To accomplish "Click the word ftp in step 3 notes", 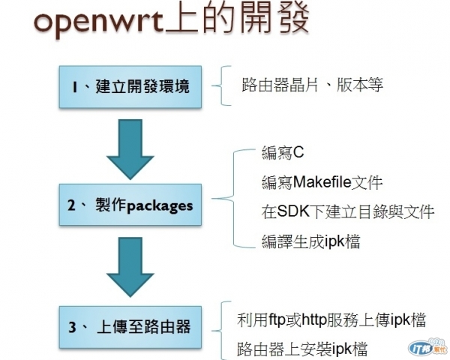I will (x=280, y=320).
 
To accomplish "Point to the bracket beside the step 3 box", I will (x=222, y=331).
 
